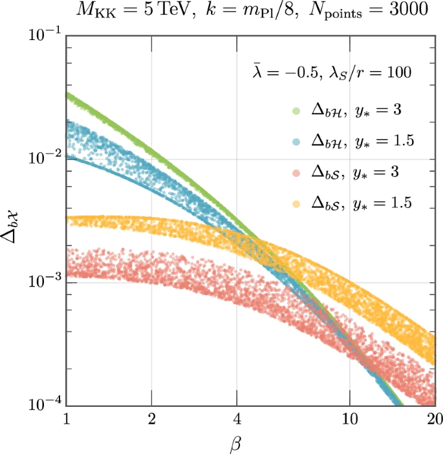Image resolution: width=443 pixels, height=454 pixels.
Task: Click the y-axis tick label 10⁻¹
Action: click(x=43, y=35)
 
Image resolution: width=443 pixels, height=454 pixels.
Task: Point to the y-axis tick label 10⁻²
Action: click(x=43, y=158)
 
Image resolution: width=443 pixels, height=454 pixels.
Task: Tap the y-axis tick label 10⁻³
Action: click(x=43, y=282)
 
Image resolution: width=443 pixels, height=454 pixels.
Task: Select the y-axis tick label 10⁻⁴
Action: click(x=43, y=404)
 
